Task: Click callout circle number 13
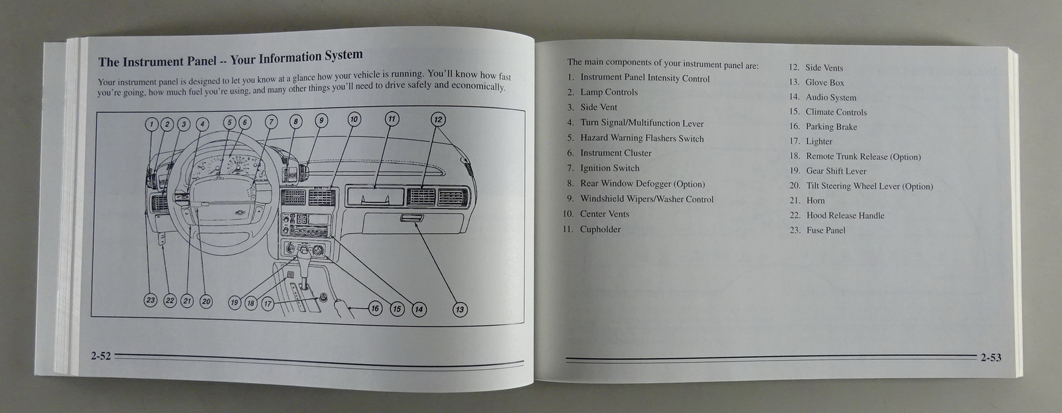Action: tap(459, 310)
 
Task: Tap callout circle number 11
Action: tap(392, 119)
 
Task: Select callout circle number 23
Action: tap(150, 300)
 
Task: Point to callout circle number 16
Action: tap(375, 309)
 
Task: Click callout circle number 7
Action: tap(271, 122)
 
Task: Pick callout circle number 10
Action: tap(354, 119)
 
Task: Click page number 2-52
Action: tap(100, 356)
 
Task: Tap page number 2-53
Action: tap(991, 357)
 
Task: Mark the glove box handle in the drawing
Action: tap(412, 218)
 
